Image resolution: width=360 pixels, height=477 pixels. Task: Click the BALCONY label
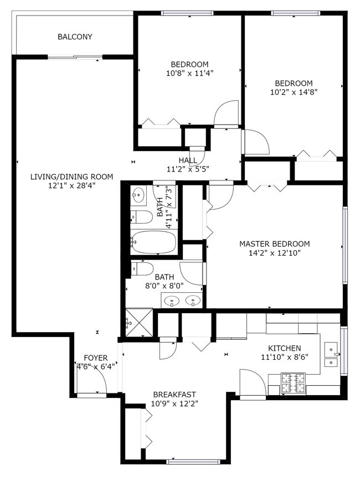click(x=75, y=37)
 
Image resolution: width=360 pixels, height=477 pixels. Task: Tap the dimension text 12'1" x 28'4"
click(x=71, y=186)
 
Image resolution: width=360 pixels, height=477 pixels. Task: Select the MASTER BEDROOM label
click(x=274, y=243)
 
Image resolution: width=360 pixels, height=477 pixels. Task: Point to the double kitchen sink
click(x=331, y=356)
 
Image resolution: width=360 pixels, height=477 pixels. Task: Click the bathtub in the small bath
click(x=155, y=242)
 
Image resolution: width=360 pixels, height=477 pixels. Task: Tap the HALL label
click(x=188, y=160)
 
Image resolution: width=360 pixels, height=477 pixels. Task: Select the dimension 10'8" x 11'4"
click(x=189, y=72)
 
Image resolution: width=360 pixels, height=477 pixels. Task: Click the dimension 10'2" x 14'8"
click(x=294, y=92)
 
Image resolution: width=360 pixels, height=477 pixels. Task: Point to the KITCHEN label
click(x=284, y=348)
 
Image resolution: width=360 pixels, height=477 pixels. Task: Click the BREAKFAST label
click(x=174, y=394)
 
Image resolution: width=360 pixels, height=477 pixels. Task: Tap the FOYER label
click(x=96, y=358)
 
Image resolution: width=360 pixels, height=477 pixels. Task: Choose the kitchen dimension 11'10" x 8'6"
click(x=284, y=357)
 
